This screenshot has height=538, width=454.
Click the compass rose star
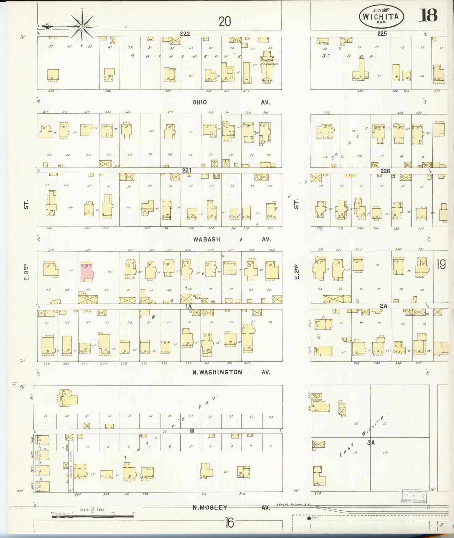[82, 26]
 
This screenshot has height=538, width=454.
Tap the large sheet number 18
[428, 15]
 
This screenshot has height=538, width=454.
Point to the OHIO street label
[200, 102]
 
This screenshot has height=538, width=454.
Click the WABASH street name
[206, 239]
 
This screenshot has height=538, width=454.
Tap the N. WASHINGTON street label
[217, 372]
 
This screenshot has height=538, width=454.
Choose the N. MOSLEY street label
[210, 507]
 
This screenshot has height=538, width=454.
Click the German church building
[266, 71]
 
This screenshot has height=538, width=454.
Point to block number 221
[187, 170]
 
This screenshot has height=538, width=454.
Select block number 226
[385, 171]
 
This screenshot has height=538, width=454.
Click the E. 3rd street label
[27, 273]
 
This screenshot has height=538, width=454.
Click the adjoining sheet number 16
[230, 523]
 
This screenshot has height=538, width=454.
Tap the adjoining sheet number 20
[225, 21]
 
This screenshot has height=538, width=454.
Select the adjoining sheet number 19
[441, 265]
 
